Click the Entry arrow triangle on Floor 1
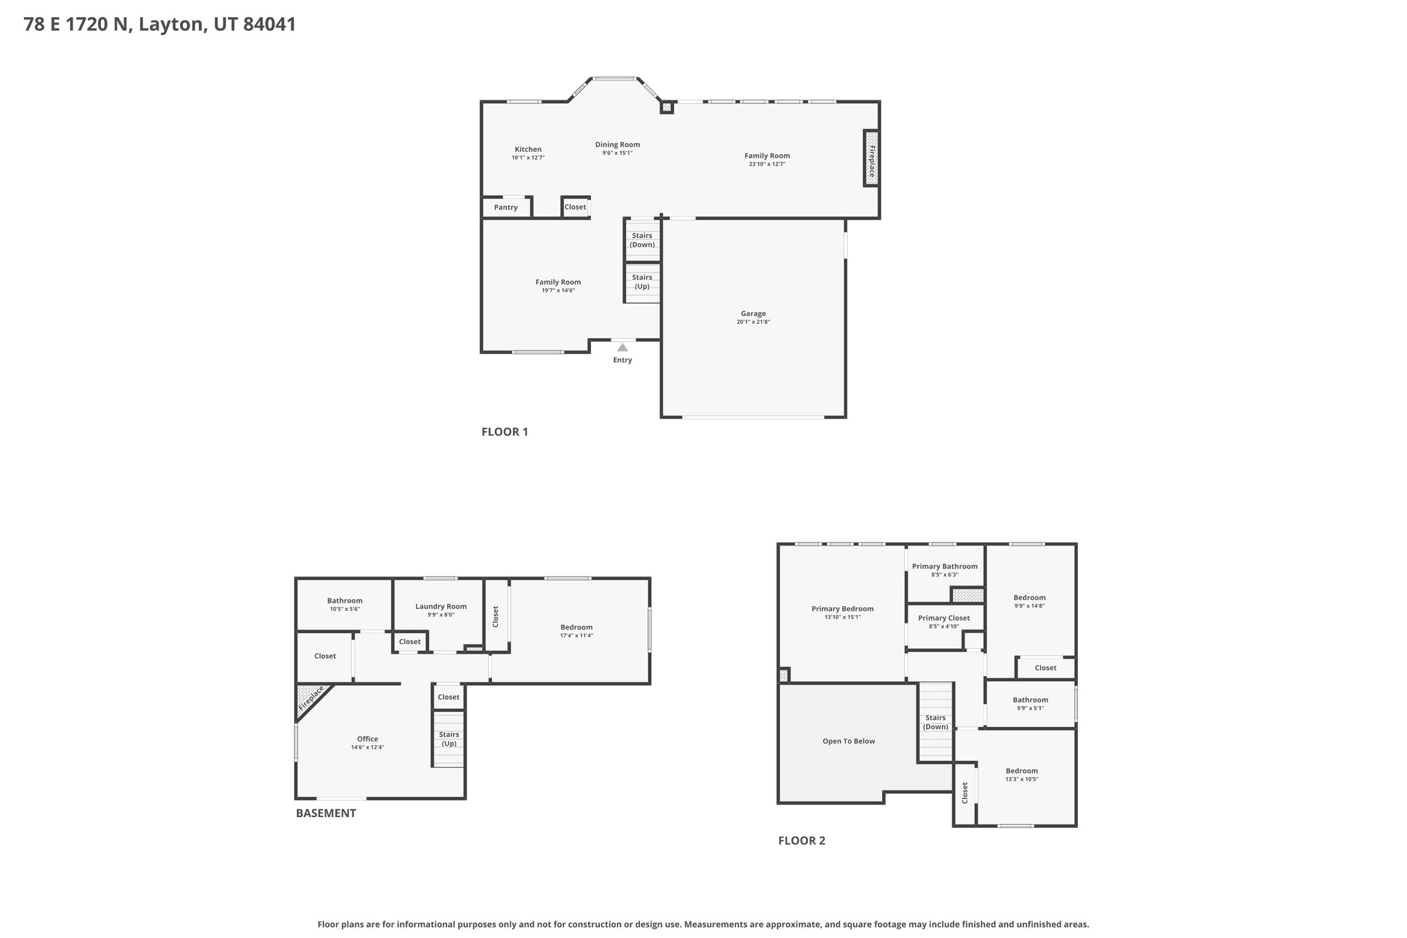click(x=622, y=348)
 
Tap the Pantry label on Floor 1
click(x=506, y=208)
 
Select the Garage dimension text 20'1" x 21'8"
click(x=753, y=322)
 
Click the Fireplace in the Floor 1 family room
click(x=871, y=159)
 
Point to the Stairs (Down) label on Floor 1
click(x=642, y=240)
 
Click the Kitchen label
click(x=528, y=149)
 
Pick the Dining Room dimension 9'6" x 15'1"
click(x=617, y=153)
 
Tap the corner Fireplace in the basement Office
click(x=311, y=699)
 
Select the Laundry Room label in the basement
click(x=440, y=606)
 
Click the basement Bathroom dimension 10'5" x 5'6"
click(x=344, y=610)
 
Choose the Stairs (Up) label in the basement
click(x=449, y=739)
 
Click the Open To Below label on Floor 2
click(x=848, y=741)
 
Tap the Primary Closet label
click(x=944, y=618)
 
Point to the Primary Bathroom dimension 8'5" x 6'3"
click(x=944, y=575)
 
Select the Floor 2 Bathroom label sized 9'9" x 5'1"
click(x=1030, y=700)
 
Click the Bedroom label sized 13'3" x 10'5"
click(x=1022, y=771)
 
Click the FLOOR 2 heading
click(x=801, y=840)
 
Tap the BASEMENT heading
click(x=326, y=814)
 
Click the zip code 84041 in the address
click(x=269, y=25)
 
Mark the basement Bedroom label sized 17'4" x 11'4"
click(x=576, y=627)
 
